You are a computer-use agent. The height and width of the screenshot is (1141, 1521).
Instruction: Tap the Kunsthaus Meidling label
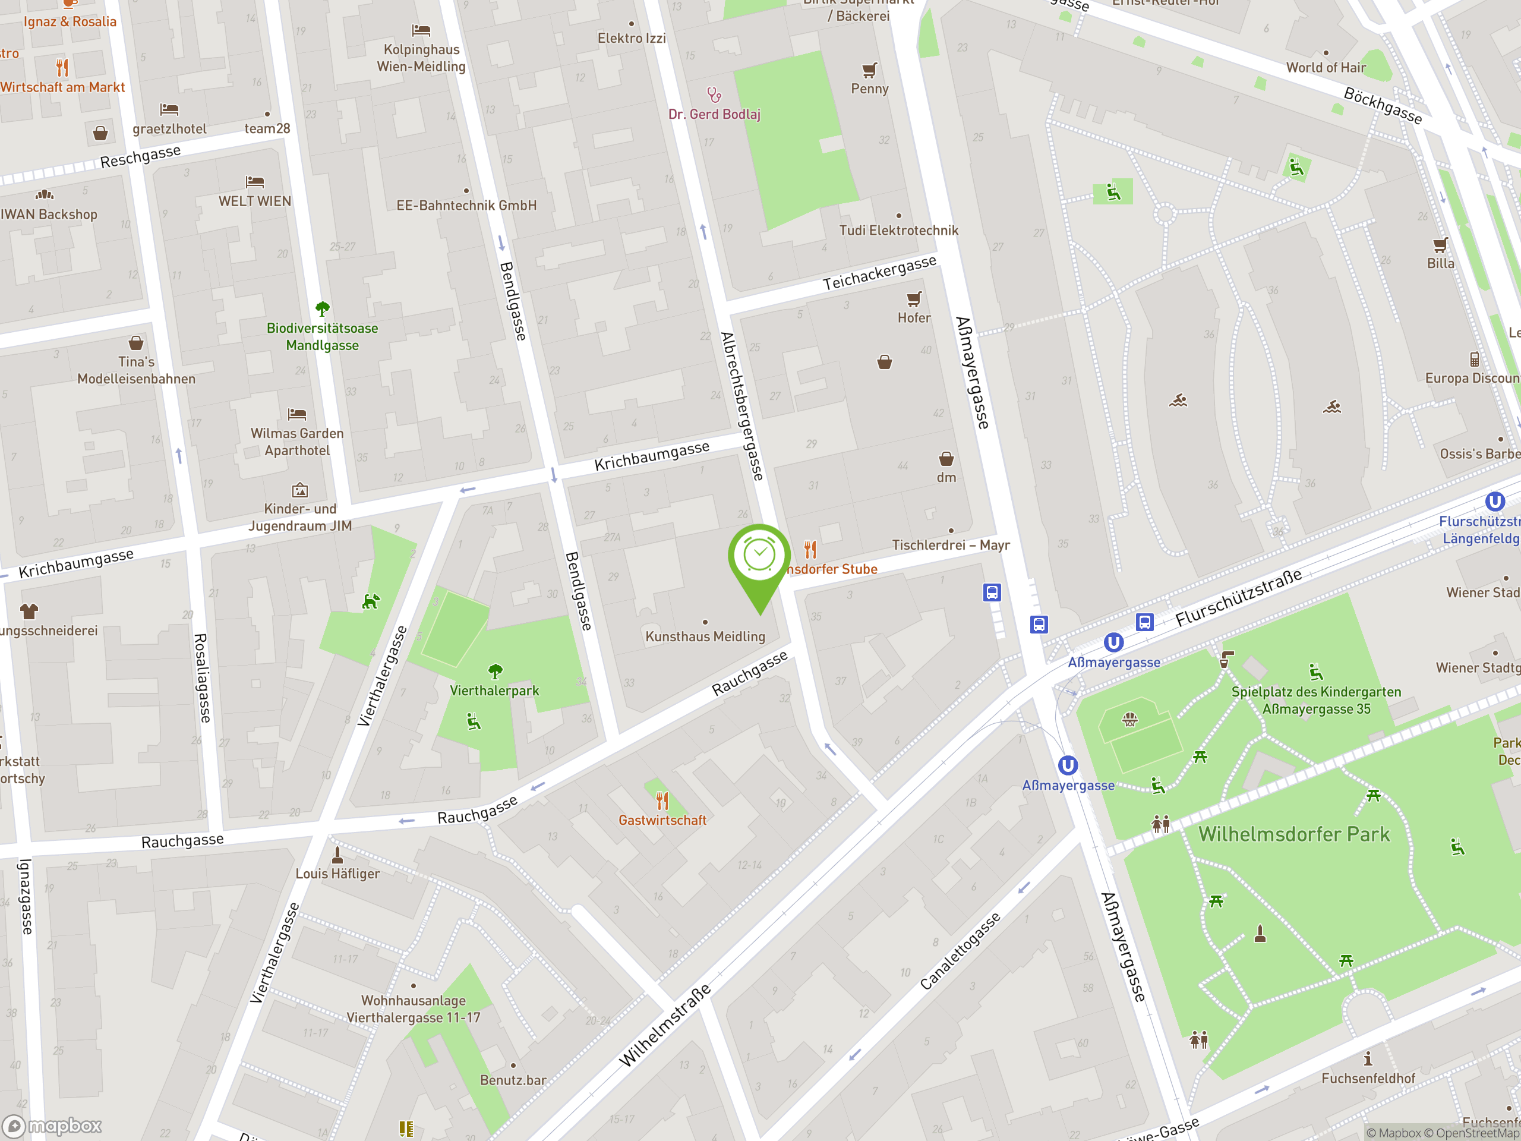click(705, 636)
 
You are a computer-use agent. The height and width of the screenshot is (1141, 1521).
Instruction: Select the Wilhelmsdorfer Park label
click(1293, 834)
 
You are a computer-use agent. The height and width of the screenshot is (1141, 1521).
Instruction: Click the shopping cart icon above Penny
click(869, 70)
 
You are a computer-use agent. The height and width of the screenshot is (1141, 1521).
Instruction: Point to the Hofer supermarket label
click(914, 318)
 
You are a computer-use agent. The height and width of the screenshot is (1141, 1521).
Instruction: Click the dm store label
click(946, 477)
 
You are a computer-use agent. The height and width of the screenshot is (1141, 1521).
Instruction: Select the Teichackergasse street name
click(879, 273)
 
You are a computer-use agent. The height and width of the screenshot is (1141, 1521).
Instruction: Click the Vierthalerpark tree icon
click(495, 670)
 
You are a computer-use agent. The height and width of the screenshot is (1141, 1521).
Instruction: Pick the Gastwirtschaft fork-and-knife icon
click(662, 800)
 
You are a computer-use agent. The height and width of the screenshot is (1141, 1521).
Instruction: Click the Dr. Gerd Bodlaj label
click(714, 114)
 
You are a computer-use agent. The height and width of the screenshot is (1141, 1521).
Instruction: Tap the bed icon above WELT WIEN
click(254, 182)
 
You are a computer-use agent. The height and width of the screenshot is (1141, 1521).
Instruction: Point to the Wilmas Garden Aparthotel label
click(297, 442)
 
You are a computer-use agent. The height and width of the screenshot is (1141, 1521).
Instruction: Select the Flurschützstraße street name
click(1238, 597)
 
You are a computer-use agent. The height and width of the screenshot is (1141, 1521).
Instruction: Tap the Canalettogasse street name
click(960, 951)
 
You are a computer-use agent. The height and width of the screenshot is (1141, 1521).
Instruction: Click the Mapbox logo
click(52, 1126)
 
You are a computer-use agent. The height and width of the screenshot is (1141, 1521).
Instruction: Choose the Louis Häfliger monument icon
click(337, 856)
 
